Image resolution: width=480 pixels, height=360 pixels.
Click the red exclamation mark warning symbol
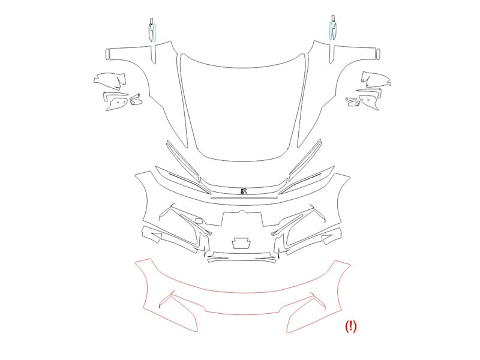tap(351, 326)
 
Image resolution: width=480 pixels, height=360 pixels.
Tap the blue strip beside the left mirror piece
tap(155, 32)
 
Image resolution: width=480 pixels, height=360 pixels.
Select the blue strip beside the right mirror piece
tap(331, 31)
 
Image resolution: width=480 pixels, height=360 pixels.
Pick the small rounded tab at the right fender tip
tap(379, 53)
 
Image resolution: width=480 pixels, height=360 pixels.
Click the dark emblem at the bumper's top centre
tap(244, 191)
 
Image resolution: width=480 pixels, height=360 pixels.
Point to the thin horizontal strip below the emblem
tap(244, 198)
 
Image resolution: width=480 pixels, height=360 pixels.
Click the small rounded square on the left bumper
tap(199, 220)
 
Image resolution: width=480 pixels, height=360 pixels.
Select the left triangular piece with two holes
tap(117, 103)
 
